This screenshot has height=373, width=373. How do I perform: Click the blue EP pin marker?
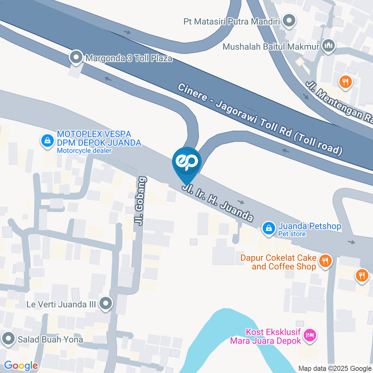pyautogui.click(x=187, y=162)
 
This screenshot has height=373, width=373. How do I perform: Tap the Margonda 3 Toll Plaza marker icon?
pyautogui.click(x=76, y=58)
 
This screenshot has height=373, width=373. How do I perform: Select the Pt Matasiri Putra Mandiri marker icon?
pyautogui.click(x=289, y=21)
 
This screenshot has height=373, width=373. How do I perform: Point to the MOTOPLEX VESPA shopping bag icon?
pyautogui.click(x=47, y=141)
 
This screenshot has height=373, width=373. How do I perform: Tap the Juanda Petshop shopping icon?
pyautogui.click(x=268, y=228)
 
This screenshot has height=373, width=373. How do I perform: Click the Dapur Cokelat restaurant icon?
pyautogui.click(x=325, y=261)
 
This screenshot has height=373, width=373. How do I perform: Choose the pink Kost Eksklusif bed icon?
pyautogui.click(x=310, y=335)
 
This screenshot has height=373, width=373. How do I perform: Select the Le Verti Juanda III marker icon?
pyautogui.click(x=105, y=304)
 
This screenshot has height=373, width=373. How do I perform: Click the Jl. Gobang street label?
pyautogui.click(x=141, y=201)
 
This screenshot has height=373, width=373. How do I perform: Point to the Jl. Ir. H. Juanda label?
pyautogui.click(x=218, y=203)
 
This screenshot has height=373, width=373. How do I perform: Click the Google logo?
pyautogui.click(x=21, y=366)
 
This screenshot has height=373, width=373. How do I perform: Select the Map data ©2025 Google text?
pyautogui.click(x=335, y=368)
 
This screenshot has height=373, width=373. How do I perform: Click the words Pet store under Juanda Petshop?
pyautogui.click(x=292, y=234)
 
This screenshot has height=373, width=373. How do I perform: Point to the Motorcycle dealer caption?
pyautogui.click(x=84, y=150)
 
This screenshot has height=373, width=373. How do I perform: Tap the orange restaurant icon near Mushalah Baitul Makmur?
pyautogui.click(x=345, y=82)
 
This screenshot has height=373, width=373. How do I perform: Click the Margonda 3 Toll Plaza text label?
pyautogui.click(x=129, y=59)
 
